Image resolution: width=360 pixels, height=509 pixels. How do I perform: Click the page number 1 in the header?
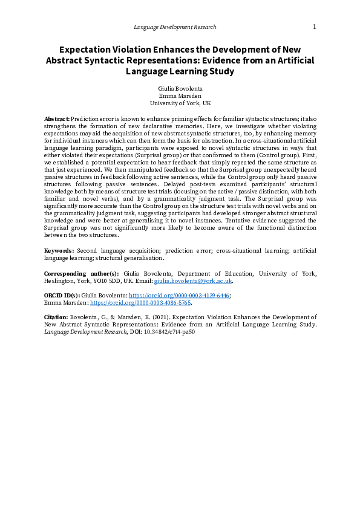[314, 27]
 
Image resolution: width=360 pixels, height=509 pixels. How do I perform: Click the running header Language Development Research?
[174, 27]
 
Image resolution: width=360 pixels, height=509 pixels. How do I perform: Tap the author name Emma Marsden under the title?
[180, 96]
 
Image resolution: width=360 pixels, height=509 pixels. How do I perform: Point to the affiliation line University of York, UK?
[180, 103]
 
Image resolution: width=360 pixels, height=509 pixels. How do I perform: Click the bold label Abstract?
[57, 118]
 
